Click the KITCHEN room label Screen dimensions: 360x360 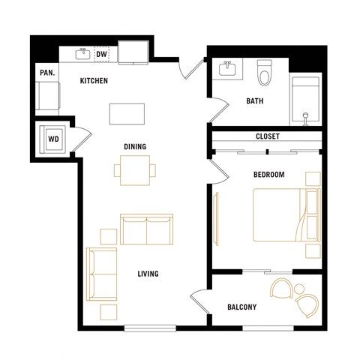[x=94, y=80]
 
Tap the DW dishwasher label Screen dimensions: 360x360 [x=100, y=54]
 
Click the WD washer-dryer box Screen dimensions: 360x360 [x=54, y=139]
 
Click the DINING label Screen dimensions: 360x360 [x=134, y=146]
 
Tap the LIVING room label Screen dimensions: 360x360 [x=148, y=274]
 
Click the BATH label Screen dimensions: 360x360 [x=254, y=101]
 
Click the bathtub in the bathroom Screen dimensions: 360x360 [x=306, y=100]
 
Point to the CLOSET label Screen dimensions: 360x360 [x=267, y=137]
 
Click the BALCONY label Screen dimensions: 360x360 [x=242, y=307]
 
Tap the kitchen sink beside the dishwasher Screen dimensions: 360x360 [x=82, y=54]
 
